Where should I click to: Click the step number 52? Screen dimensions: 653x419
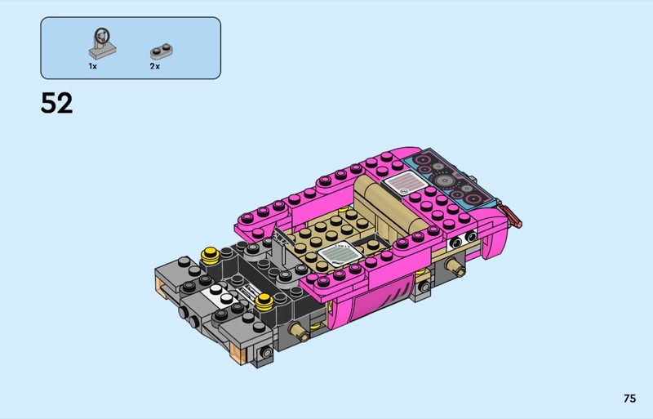[x=56, y=103]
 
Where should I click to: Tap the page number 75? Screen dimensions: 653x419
[x=629, y=399]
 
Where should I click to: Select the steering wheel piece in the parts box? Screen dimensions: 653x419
[x=101, y=43]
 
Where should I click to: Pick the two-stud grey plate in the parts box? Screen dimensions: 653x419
[x=162, y=51]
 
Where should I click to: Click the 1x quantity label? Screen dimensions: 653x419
[x=92, y=66]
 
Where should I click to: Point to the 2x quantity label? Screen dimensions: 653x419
[x=155, y=66]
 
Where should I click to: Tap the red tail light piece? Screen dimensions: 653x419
[x=512, y=215]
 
